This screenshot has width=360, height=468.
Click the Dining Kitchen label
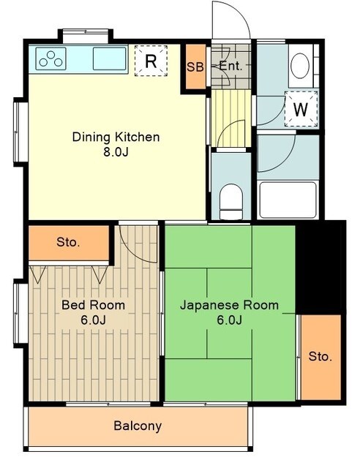116,137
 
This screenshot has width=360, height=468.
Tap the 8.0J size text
116,154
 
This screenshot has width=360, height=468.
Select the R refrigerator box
151,61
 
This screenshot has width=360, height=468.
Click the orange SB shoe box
195,67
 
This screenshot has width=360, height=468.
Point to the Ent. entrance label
230,67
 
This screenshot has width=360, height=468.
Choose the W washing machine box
301,110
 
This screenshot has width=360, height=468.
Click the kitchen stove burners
50,58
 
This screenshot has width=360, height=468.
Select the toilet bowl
231,199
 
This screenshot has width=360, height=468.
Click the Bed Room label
92,305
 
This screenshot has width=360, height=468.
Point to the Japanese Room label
229,305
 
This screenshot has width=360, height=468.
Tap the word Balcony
138,426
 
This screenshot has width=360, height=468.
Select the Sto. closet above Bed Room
69,242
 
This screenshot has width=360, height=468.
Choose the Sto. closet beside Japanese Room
320,356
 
